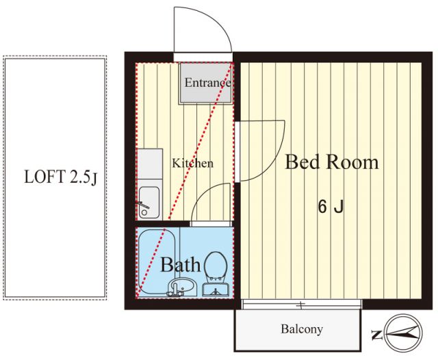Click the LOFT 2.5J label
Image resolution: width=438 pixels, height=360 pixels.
(61, 177)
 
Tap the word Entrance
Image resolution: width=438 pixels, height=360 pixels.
(208, 83)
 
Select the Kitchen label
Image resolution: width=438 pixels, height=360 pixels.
(193, 163)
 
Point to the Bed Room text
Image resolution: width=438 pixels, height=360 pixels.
(332, 162)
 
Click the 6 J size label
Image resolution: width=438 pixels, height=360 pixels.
(331, 207)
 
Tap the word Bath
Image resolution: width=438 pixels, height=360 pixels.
(181, 265)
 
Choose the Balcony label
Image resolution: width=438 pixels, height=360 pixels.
(302, 329)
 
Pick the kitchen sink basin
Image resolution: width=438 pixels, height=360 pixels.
(149, 203)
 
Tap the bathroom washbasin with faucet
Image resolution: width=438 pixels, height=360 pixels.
(183, 287)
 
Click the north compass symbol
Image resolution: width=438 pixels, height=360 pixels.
(404, 333)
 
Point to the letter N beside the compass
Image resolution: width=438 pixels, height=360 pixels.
(377, 335)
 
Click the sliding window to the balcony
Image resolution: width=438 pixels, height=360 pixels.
(302, 305)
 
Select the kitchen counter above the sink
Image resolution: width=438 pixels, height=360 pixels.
(149, 164)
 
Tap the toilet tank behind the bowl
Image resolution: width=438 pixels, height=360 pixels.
(216, 290)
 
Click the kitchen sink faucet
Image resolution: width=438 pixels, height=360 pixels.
(143, 205)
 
